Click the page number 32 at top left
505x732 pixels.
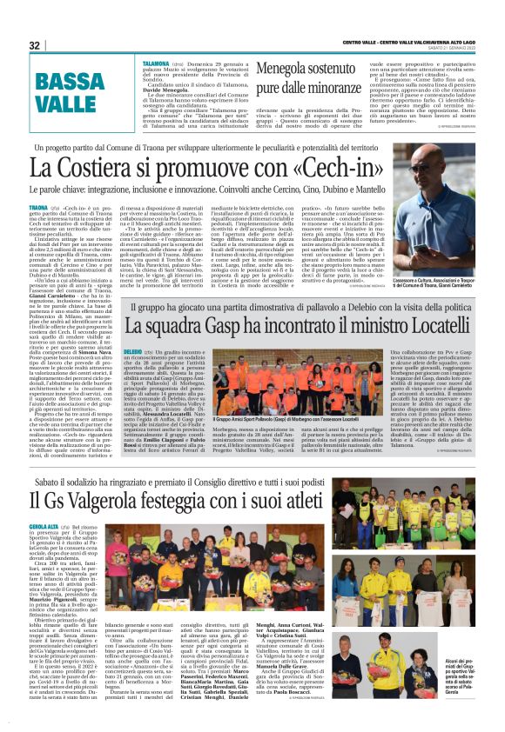[35, 45]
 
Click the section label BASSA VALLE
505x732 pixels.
[65, 94]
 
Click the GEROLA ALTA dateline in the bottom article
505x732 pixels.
[44, 527]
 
